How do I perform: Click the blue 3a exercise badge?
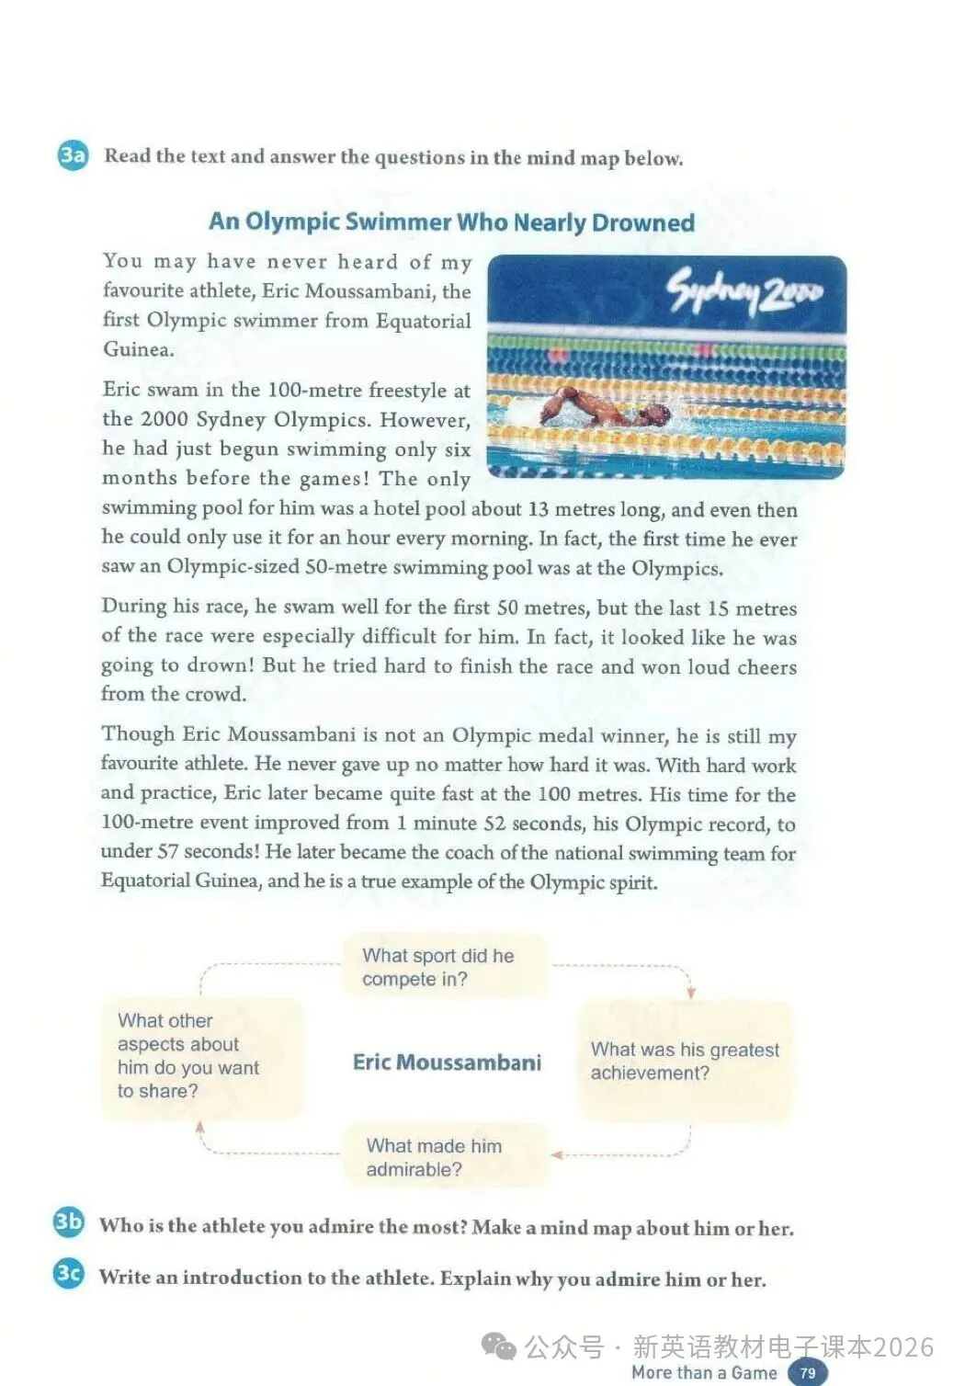pyautogui.click(x=73, y=155)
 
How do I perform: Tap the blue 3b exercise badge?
pyautogui.click(x=69, y=1221)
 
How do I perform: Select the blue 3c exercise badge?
pyautogui.click(x=69, y=1273)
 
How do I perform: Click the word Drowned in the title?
pyautogui.click(x=643, y=222)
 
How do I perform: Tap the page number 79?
pyautogui.click(x=807, y=1372)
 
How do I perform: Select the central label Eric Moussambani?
pyautogui.click(x=447, y=1062)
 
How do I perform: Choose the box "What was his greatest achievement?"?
pyautogui.click(x=685, y=1061)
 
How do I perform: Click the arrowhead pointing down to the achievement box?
pyautogui.click(x=691, y=993)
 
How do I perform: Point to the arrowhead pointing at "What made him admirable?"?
pyautogui.click(x=556, y=1154)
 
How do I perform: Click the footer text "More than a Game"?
pyautogui.click(x=704, y=1372)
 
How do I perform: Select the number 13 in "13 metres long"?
pyautogui.click(x=539, y=509)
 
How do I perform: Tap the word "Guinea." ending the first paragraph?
pyautogui.click(x=138, y=349)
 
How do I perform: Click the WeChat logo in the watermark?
pyautogui.click(x=499, y=1346)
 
